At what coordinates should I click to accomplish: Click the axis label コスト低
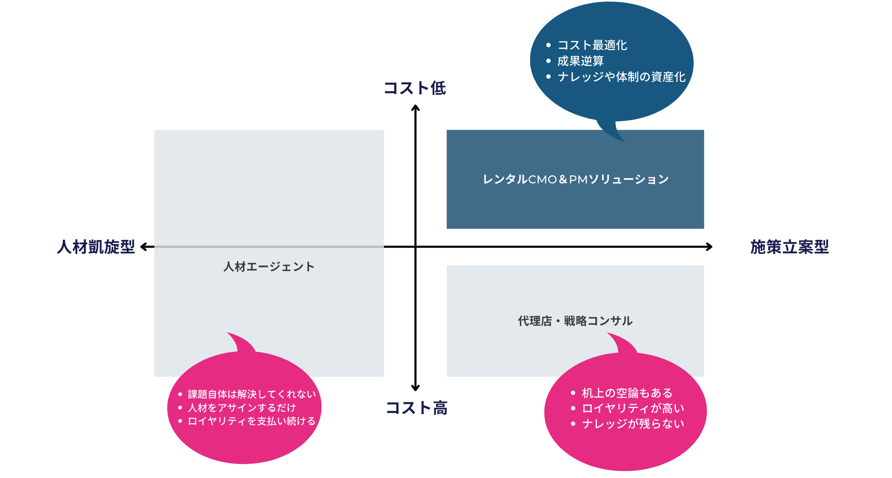[x=415, y=88]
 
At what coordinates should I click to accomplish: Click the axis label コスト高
[x=417, y=408]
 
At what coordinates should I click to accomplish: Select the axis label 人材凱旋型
[x=96, y=247]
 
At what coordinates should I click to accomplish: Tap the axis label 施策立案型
[x=789, y=247]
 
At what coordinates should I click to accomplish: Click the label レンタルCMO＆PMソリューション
[x=575, y=179]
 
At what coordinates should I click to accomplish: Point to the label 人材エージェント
[x=269, y=266]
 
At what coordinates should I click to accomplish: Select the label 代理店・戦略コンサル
[x=575, y=321]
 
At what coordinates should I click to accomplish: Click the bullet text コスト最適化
[x=592, y=45]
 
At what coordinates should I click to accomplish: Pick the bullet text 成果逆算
[x=580, y=61]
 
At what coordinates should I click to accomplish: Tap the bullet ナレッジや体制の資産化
[x=621, y=77]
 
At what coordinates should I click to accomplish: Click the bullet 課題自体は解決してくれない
[x=252, y=394]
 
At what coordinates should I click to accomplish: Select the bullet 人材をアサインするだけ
[x=242, y=407]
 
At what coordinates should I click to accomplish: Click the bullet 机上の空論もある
[x=627, y=393]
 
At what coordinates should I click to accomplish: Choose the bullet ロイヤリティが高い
[x=633, y=408]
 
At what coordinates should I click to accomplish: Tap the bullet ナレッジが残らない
[x=633, y=423]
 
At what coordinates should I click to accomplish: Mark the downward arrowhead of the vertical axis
[x=415, y=388]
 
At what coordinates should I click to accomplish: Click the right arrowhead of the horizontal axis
[x=710, y=247]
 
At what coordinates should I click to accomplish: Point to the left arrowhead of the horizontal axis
[x=143, y=247]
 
